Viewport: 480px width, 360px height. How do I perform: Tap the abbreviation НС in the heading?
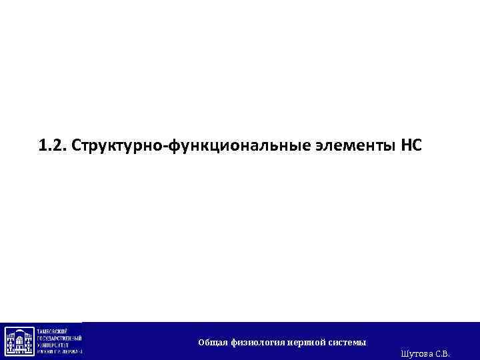pos(411,145)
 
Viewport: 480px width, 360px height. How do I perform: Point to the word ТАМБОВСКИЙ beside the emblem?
pos(57,330)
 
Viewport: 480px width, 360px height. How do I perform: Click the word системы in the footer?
pos(347,343)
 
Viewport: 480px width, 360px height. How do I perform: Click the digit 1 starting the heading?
pos(43,145)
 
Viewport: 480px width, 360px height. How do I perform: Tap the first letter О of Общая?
pos(201,343)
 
